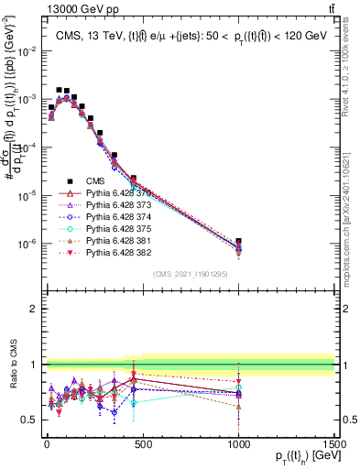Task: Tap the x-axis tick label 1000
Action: click(238, 444)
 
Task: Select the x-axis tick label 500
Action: click(142, 444)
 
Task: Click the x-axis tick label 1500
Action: click(333, 444)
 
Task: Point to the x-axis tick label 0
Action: click(46, 444)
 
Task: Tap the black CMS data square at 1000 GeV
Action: click(238, 242)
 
